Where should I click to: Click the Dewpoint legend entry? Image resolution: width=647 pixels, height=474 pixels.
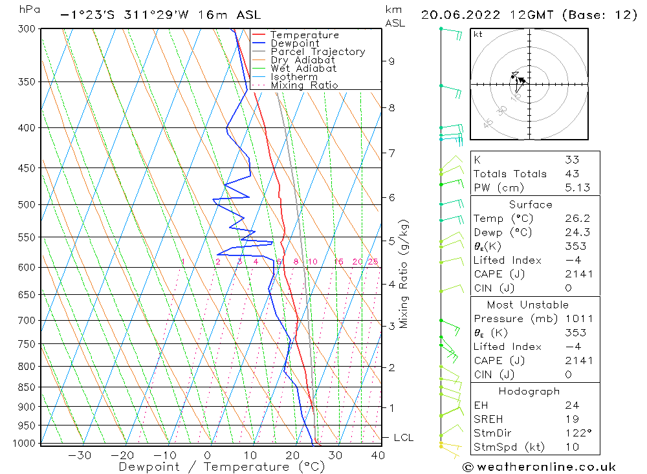(x=294, y=43)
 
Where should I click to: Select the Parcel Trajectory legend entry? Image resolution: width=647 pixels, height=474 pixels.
(x=318, y=52)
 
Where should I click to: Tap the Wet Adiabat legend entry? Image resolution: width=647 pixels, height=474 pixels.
(x=303, y=69)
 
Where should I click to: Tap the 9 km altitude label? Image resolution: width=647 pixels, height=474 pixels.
(x=391, y=61)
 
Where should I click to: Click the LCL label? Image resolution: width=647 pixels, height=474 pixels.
(x=403, y=438)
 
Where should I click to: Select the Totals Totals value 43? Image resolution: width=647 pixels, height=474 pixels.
(x=573, y=174)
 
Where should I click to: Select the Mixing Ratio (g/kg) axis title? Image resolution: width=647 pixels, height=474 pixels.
(x=404, y=274)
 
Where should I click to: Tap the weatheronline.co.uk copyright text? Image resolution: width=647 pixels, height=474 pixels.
(x=539, y=467)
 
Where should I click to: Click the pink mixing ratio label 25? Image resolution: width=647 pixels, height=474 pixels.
(x=373, y=262)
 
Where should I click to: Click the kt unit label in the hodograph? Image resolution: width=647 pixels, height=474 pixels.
(x=478, y=34)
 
